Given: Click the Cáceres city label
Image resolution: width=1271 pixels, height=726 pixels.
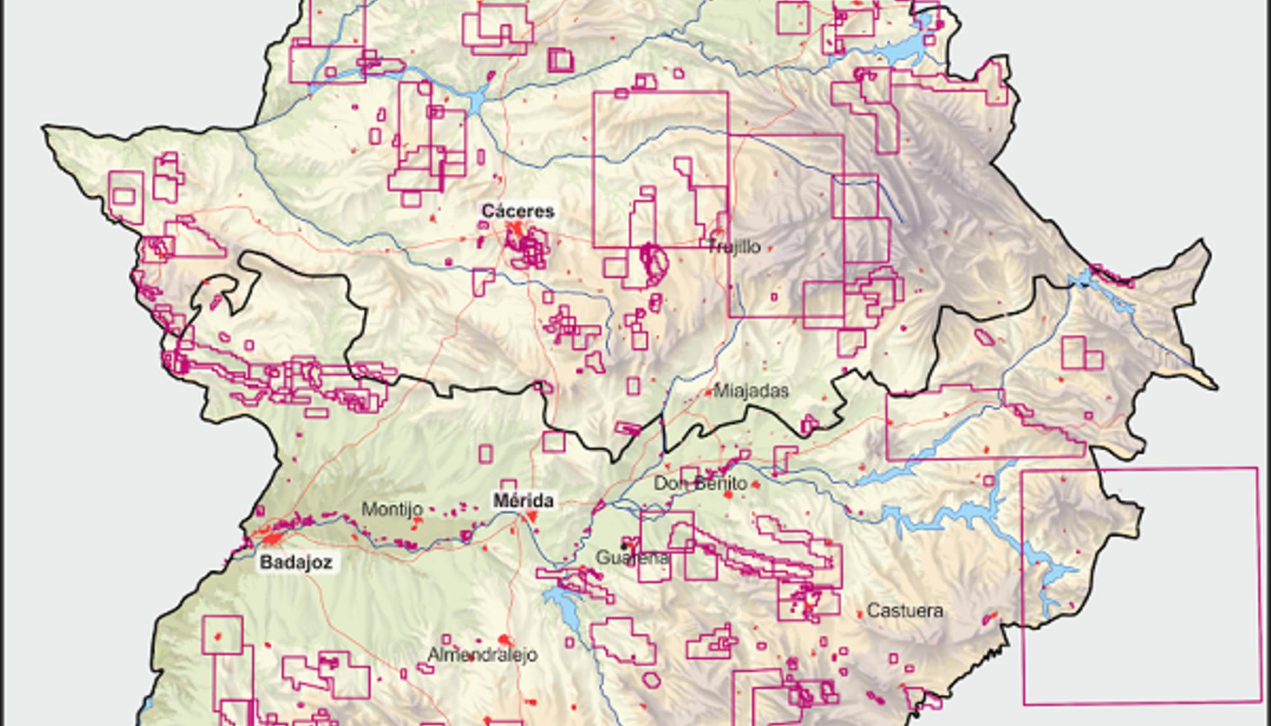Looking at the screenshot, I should [x=517, y=212].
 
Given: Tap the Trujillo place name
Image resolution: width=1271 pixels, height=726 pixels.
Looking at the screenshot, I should [x=734, y=247].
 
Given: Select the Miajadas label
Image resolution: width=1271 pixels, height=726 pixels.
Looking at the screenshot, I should [x=751, y=391].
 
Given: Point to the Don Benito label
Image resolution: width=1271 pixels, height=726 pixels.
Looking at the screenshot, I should [x=700, y=483].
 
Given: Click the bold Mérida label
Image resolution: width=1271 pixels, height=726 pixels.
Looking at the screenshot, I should [x=524, y=501].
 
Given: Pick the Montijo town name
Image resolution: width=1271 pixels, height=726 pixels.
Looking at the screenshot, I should [x=392, y=509].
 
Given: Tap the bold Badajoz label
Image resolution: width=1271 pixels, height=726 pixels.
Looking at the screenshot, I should [x=296, y=562].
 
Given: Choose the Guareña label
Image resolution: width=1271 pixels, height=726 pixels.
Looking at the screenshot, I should [x=632, y=558].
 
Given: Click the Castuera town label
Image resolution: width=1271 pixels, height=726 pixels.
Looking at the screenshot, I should [x=905, y=611].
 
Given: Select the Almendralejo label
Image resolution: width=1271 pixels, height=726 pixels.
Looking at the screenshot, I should [x=482, y=654].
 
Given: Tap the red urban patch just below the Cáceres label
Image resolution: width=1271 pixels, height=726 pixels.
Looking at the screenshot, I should [x=516, y=230].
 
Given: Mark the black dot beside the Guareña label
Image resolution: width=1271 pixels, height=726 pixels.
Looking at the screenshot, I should [x=625, y=546].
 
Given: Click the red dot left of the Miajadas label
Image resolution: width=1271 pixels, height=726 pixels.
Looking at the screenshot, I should [x=709, y=393].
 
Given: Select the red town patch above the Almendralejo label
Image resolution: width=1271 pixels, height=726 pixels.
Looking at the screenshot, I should [x=505, y=640].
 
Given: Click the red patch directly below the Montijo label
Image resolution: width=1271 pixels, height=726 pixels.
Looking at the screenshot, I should [x=417, y=522].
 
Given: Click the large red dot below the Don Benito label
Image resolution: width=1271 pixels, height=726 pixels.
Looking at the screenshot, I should [x=728, y=494].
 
